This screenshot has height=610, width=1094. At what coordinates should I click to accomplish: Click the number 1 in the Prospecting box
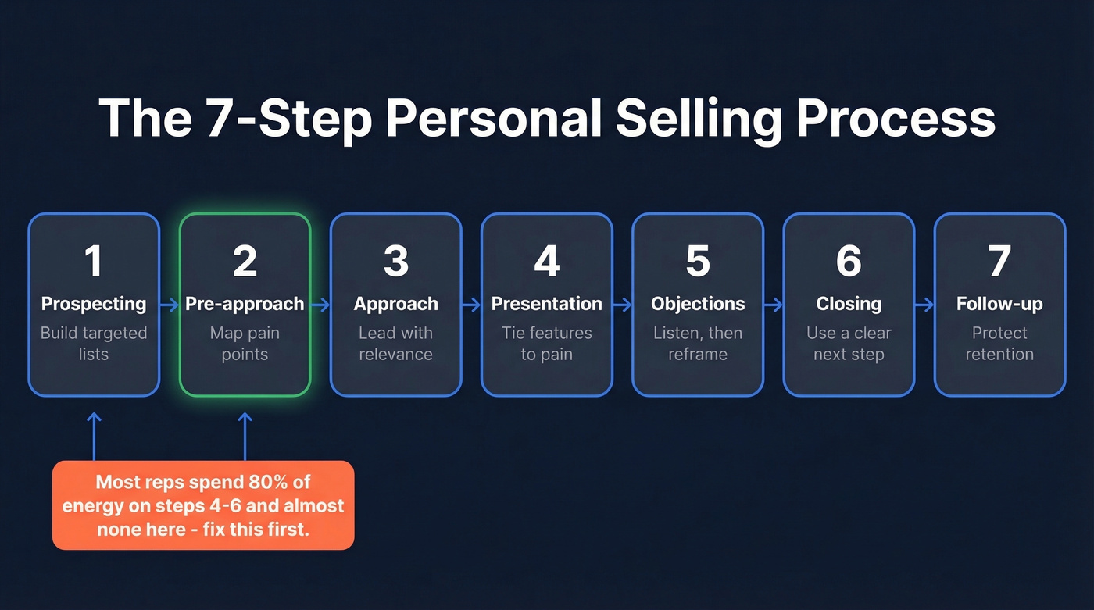94,261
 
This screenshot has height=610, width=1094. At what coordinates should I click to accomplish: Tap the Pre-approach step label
245,304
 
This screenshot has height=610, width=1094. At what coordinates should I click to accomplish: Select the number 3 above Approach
395,261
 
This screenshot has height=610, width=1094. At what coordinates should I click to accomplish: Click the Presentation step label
546,304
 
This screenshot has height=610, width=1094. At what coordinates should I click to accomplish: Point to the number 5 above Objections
697,261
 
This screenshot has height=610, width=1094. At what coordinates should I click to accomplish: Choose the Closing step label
849,304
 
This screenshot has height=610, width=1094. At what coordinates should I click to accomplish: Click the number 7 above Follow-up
999,261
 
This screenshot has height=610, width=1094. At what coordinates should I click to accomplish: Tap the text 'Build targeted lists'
94,344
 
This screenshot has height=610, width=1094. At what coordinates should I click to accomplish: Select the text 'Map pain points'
245,344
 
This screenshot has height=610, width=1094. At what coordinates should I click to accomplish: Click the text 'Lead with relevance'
395,344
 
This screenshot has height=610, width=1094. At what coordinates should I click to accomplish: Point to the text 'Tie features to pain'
546,344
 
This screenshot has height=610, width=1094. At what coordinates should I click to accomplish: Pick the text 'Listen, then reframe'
697,344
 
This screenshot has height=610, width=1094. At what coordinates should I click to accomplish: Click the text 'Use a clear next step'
849,344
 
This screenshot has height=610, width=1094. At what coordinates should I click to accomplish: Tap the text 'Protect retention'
999,344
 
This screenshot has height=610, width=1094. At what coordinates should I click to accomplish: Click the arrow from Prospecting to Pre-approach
170,305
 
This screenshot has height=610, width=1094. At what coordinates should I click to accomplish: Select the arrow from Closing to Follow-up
924,305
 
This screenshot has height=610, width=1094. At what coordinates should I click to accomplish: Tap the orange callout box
203,505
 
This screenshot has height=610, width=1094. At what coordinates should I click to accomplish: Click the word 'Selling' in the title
699,119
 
